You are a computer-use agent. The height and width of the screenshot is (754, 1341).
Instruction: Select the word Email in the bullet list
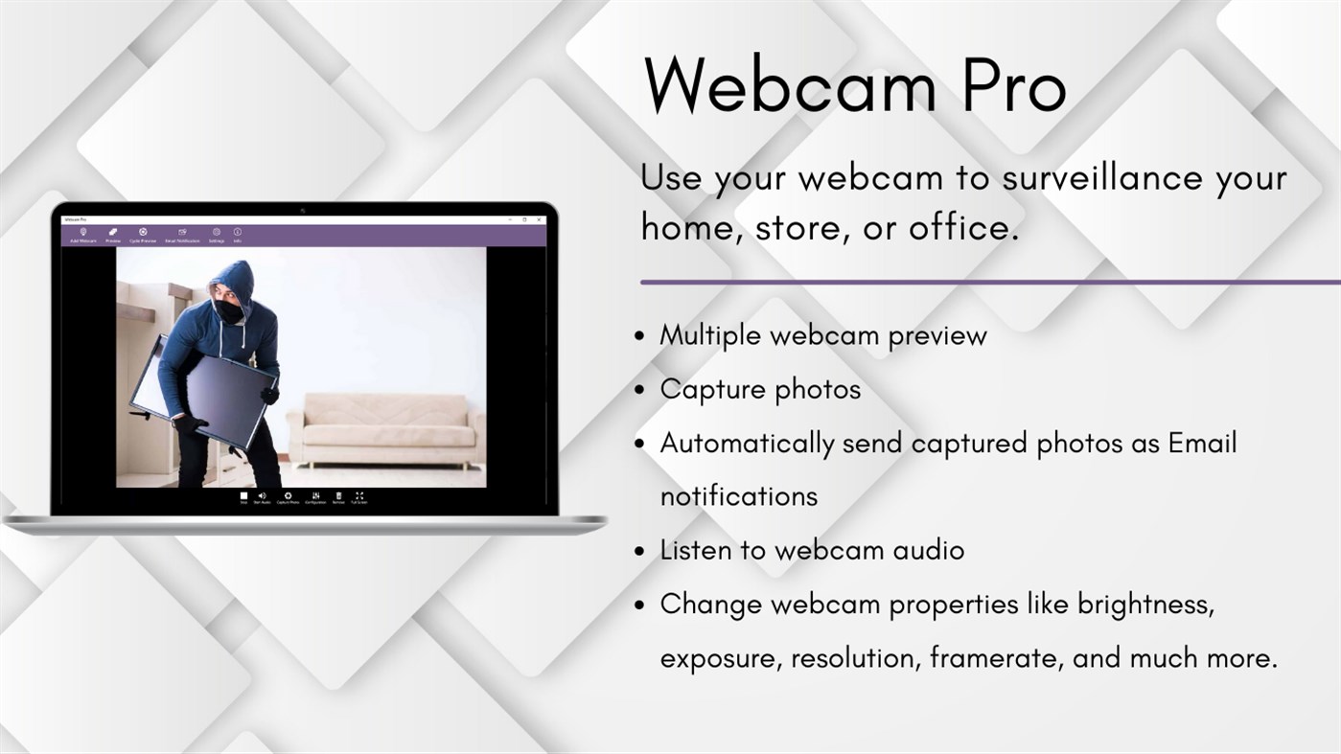(x=1202, y=443)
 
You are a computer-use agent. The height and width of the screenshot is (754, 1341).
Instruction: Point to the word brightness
(x=1145, y=605)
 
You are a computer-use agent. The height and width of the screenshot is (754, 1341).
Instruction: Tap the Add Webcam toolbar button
(x=83, y=234)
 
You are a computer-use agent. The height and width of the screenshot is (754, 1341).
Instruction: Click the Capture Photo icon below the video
(x=288, y=496)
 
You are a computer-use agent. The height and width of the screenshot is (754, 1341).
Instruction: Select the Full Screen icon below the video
(x=358, y=496)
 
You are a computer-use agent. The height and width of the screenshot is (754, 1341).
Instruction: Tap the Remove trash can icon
(x=338, y=496)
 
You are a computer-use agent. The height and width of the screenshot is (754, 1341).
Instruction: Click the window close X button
(x=540, y=220)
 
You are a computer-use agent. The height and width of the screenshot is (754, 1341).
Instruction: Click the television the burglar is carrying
(x=211, y=393)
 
